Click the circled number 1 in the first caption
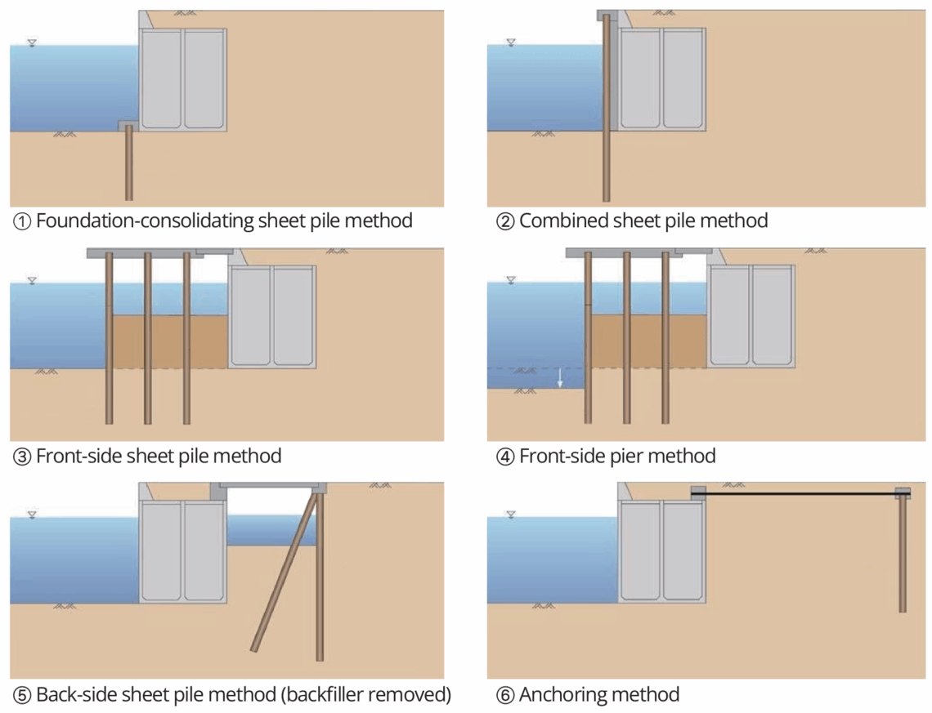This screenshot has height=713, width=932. [x=21, y=221]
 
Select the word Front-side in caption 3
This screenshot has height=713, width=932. [x=78, y=456]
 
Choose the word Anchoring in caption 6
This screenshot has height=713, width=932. [x=559, y=695]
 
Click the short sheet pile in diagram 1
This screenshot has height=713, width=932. [x=128, y=163]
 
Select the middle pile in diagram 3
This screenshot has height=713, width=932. [x=148, y=343]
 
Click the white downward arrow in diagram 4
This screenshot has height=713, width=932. [x=560, y=377]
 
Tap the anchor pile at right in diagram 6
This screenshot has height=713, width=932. [x=903, y=555]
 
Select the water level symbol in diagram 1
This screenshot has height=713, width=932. [x=31, y=42]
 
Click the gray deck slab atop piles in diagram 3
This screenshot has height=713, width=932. [x=159, y=253]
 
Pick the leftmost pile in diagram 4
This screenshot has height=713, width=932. [x=587, y=343]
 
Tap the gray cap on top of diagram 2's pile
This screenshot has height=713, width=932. [x=608, y=16]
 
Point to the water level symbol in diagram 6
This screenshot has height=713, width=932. [x=511, y=515]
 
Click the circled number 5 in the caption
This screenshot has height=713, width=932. [x=21, y=696]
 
